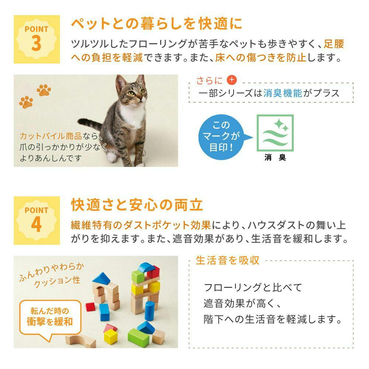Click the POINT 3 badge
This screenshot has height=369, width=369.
[37, 39]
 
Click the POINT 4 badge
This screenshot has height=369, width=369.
[37, 221]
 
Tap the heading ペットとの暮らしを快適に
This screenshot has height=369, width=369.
[157, 24]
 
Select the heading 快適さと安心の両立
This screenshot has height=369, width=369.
[137, 205]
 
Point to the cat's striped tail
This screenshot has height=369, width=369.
[91, 123]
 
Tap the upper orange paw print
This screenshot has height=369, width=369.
[44, 90]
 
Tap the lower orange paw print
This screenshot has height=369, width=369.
[26, 102]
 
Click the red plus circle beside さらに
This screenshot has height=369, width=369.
[232, 80]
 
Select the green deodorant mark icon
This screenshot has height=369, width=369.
[275, 133]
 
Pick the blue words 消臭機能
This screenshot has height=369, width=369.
[283, 93]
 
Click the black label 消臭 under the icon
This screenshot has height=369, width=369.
[275, 157]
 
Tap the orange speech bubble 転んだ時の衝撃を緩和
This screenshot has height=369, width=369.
[50, 318]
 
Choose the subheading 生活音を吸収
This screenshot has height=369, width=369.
[227, 260]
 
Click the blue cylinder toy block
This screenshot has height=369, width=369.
[149, 310]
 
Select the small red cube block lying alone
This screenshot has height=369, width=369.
[90, 307]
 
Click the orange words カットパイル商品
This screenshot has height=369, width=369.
[51, 136]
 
